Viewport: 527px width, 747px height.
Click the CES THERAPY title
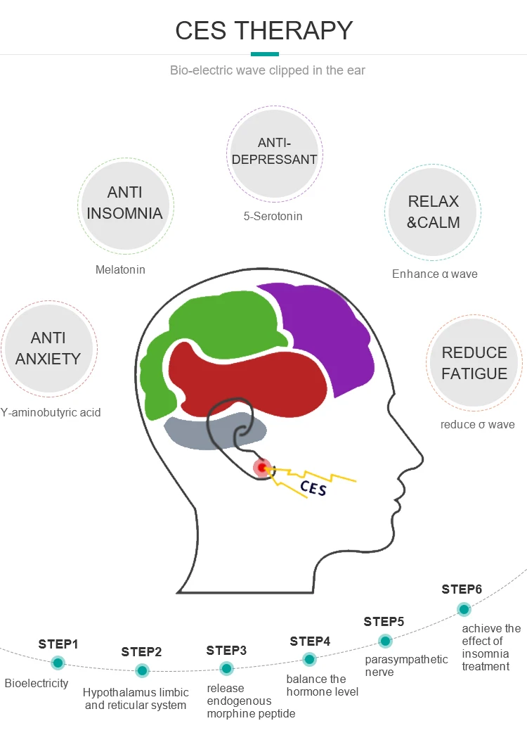point(263,30)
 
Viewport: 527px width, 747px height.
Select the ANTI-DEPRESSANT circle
point(274,151)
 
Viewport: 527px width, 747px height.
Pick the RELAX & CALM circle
point(434,212)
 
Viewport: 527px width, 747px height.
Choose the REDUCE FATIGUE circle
point(474,363)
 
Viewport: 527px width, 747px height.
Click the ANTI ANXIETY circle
point(48,349)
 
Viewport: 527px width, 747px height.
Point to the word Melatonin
point(120,269)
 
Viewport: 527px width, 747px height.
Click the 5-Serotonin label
point(273,217)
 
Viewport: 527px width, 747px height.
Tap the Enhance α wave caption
point(434,274)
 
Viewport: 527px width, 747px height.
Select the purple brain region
point(323,331)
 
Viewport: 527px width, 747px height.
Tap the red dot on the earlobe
point(263,467)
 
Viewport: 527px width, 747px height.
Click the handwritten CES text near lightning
point(313,487)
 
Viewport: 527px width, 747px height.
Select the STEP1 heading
point(58,644)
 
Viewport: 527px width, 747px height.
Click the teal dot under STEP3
point(226,668)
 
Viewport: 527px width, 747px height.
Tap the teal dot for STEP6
point(464,609)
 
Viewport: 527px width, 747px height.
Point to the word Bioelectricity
point(37,683)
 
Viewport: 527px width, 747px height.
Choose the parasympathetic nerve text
point(406,665)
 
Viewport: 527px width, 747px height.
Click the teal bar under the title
point(265,53)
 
